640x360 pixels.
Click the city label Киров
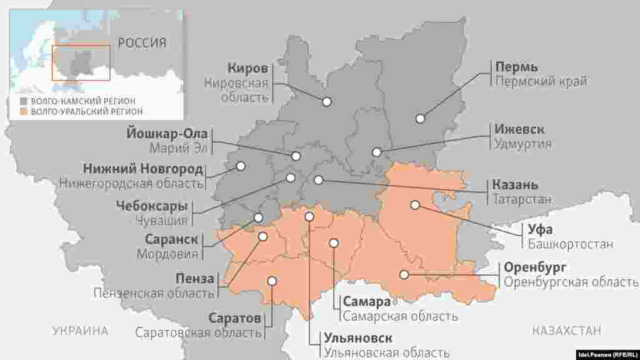[x=247, y=68]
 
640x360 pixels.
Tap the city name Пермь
[x=516, y=66]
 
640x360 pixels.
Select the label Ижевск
[x=519, y=129]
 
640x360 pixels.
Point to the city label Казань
[x=515, y=185]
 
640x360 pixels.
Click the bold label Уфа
[x=540, y=229]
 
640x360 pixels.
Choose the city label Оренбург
[x=535, y=267]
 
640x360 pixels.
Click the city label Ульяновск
[x=358, y=339]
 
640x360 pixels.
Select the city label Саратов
[x=234, y=318]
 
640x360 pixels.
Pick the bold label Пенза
[x=194, y=278]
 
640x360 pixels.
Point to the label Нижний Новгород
[x=142, y=169]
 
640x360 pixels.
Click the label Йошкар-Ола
[x=167, y=134]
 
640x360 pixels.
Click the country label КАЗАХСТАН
[x=567, y=331]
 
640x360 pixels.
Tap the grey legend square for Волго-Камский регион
[x=23, y=101]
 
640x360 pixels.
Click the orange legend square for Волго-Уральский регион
[x=23, y=111]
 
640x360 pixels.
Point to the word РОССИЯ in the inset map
[x=142, y=43]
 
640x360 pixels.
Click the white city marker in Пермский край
[x=421, y=118]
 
